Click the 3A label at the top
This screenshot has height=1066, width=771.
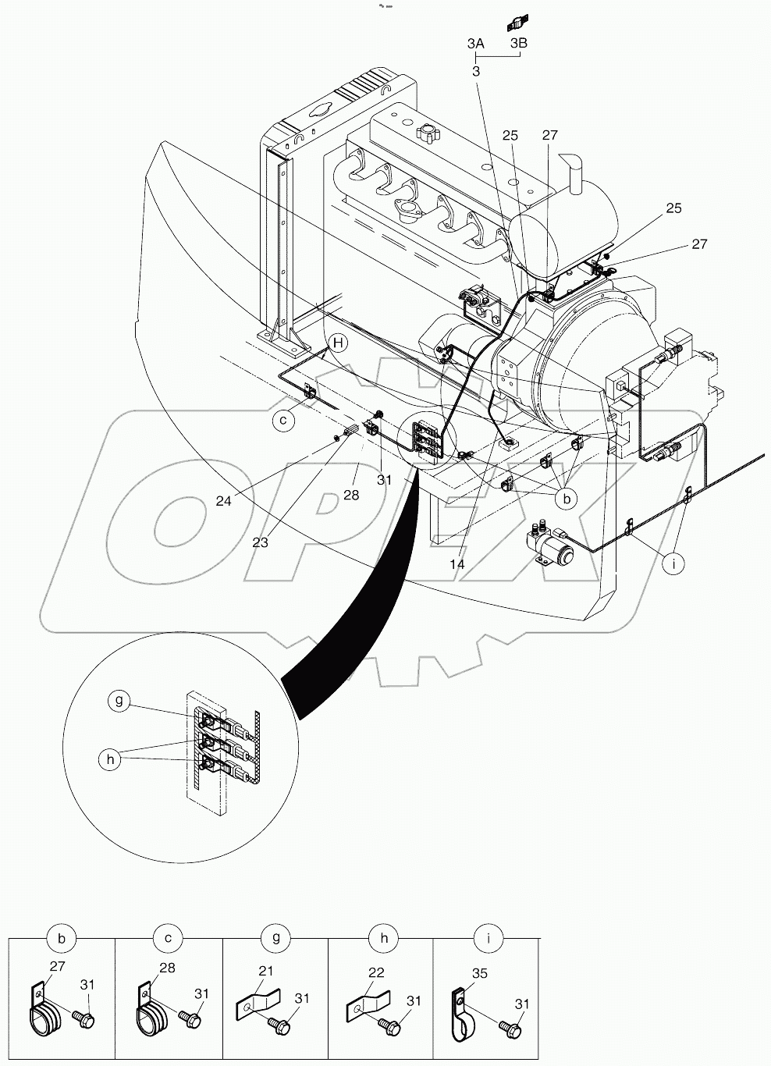click(476, 44)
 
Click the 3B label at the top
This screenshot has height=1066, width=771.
click(519, 44)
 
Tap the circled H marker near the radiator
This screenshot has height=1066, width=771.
click(337, 342)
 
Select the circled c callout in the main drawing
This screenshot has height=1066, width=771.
click(285, 421)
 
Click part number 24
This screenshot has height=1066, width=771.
click(224, 501)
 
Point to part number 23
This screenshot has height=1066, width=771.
click(260, 542)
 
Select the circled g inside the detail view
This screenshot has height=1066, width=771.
click(119, 701)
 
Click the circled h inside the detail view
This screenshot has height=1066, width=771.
click(111, 759)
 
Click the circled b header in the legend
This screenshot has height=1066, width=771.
click(61, 939)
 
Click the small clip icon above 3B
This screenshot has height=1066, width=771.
click(517, 21)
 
